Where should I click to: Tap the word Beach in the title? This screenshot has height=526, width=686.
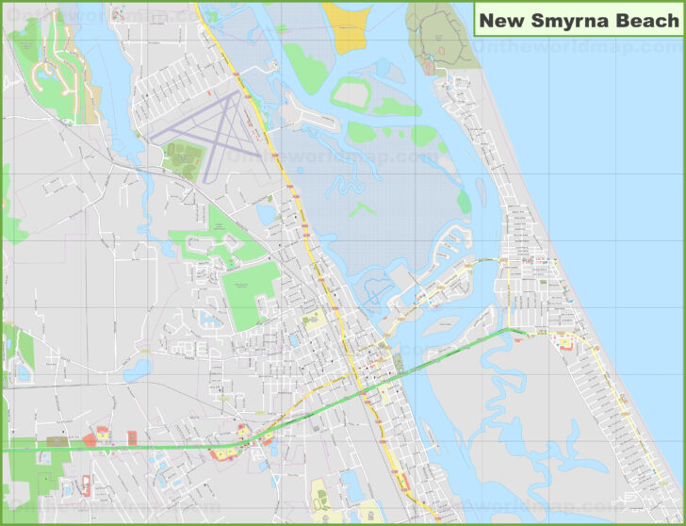(645, 20)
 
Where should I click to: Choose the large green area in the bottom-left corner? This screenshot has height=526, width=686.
(33, 471)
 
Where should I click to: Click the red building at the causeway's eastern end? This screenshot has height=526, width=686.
(565, 345)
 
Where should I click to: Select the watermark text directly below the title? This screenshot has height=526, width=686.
(575, 44)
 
